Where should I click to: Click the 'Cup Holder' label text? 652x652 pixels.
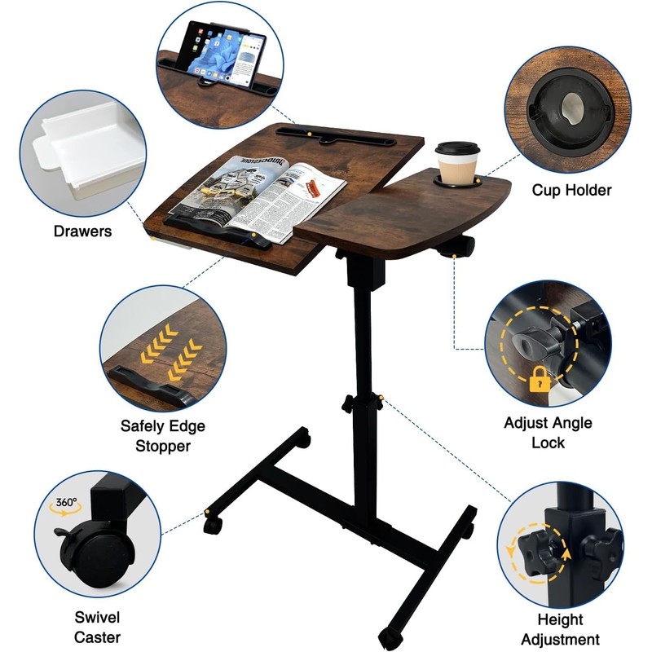click(x=571, y=190)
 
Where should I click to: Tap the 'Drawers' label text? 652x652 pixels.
click(x=82, y=231)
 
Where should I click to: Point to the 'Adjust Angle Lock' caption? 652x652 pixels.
click(x=548, y=432)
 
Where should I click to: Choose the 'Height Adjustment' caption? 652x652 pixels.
click(x=559, y=629)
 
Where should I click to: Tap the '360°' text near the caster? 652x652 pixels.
click(x=66, y=503)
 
